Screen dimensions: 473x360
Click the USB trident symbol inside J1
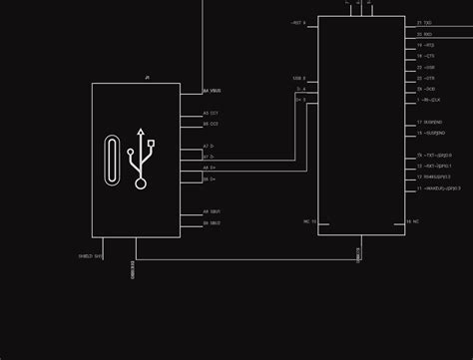[x=144, y=159]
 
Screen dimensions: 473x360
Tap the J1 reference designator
[x=147, y=77]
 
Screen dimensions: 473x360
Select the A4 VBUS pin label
[x=213, y=91]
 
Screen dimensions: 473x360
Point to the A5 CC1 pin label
[x=211, y=114]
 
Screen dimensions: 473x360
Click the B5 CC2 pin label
[x=211, y=124]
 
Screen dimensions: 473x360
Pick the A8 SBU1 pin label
[x=212, y=211]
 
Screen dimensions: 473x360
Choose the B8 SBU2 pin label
[x=212, y=222]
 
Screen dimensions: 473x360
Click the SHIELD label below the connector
[x=90, y=255]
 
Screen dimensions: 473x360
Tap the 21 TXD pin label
[x=424, y=22]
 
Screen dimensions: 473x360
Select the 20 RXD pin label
[x=424, y=33]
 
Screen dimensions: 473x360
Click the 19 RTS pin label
[x=424, y=45]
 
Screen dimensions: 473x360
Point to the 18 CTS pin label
[x=424, y=56]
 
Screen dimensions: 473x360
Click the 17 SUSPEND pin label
[x=429, y=121]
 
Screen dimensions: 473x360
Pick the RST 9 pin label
[x=298, y=22]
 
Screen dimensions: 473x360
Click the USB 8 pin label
[x=298, y=78]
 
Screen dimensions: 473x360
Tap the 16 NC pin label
[x=411, y=220]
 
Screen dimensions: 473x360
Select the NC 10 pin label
[x=309, y=220]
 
